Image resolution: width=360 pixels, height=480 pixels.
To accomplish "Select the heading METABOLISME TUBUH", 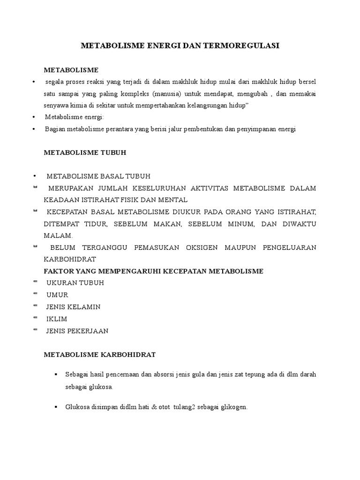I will (x=85, y=152).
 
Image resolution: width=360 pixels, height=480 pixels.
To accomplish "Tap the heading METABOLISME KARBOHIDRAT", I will (x=100, y=354).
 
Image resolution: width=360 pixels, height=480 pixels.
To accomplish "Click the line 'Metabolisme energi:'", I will (x=75, y=117).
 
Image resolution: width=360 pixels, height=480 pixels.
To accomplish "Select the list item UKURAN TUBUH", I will (x=75, y=283).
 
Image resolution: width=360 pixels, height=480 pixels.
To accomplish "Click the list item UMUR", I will (x=57, y=295).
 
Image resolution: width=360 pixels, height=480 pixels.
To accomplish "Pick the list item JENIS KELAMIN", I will (x=73, y=307).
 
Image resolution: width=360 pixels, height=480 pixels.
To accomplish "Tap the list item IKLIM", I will (x=57, y=319).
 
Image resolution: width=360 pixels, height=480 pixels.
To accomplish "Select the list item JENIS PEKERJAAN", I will (x=77, y=331).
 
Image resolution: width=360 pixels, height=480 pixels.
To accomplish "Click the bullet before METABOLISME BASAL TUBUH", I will (x=35, y=176).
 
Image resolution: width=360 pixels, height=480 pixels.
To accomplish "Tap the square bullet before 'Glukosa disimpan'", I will (x=56, y=407).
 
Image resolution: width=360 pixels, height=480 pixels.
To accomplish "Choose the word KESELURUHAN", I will (x=149, y=188).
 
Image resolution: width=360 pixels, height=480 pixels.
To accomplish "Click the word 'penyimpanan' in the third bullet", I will (x=260, y=129).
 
